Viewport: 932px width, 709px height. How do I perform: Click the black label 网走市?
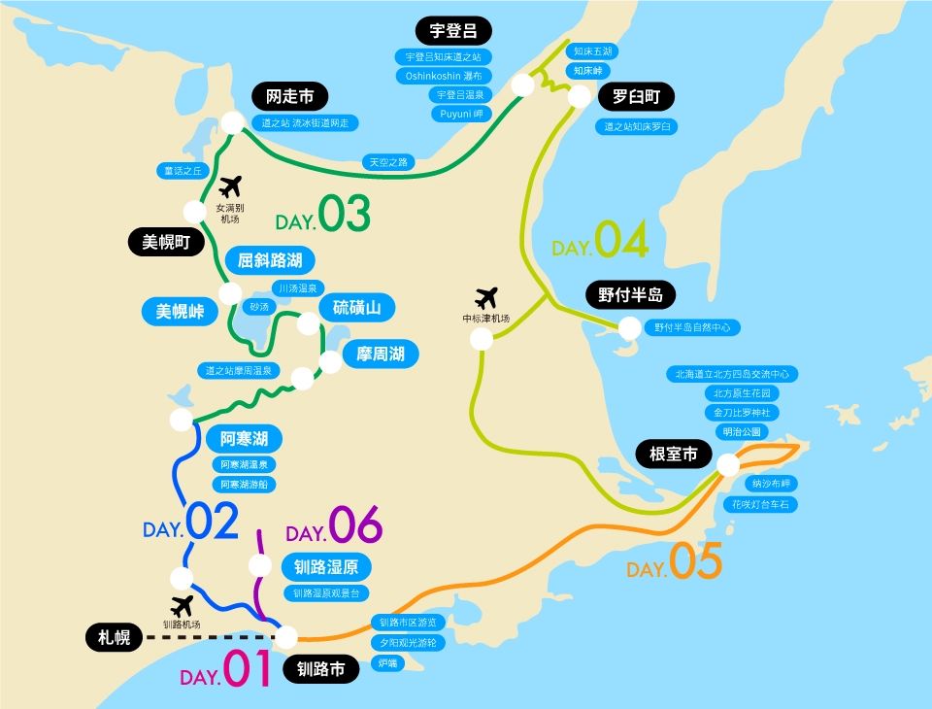pyautogui.click(x=289, y=96)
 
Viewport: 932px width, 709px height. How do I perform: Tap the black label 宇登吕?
pyautogui.click(x=453, y=30)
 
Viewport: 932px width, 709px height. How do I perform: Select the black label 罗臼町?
pyautogui.click(x=635, y=97)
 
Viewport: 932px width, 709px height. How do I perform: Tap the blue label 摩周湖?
pyautogui.click(x=380, y=354)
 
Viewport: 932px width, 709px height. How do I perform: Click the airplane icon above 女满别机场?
pyautogui.click(x=230, y=186)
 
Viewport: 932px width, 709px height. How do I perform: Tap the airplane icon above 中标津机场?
pyautogui.click(x=485, y=297)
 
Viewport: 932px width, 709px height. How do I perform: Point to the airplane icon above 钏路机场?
pyautogui.click(x=182, y=606)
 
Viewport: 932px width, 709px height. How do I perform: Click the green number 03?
pyautogui.click(x=345, y=216)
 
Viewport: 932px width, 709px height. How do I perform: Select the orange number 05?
pyautogui.click(x=696, y=561)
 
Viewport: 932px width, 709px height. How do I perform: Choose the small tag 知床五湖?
pyautogui.click(x=592, y=51)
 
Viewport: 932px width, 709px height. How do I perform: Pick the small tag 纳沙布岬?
pyautogui.click(x=773, y=483)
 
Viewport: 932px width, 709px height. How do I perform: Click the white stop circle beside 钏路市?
pyautogui.click(x=286, y=637)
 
